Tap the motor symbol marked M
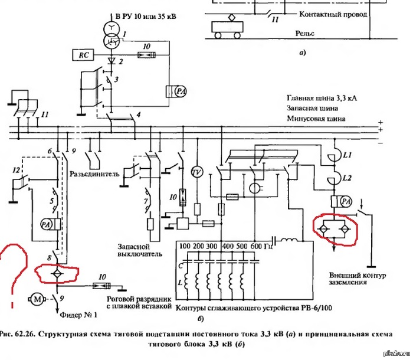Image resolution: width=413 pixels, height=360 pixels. (x=37, y=300)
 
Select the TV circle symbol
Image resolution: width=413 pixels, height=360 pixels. (x=197, y=171)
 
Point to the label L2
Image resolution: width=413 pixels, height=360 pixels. (x=347, y=178)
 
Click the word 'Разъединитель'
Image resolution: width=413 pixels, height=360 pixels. (x=95, y=174)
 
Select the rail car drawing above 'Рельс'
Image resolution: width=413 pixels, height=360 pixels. (x=227, y=25)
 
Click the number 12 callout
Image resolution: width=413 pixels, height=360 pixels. (x=17, y=169)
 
